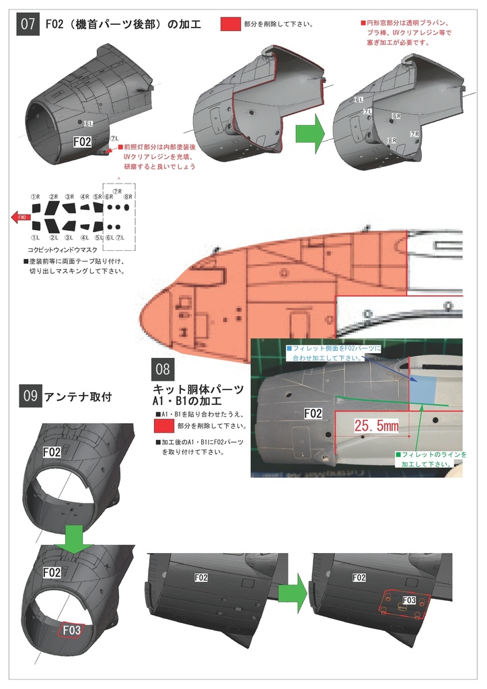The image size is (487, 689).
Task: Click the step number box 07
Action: point(28,24)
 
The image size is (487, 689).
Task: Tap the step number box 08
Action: point(163,369)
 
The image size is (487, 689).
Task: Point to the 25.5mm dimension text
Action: point(375,427)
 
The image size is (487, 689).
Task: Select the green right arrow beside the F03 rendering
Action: point(293,594)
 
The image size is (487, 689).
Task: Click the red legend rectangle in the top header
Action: point(231,24)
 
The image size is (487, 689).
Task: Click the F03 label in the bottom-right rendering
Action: point(408,600)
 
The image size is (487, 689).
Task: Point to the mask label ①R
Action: point(36,196)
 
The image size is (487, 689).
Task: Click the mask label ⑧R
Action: point(128,196)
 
